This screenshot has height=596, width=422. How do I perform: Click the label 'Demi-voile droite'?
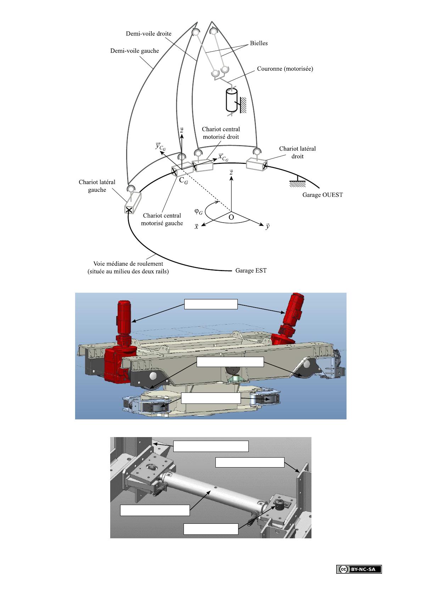(x=148, y=34)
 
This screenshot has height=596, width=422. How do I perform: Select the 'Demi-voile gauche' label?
(x=135, y=51)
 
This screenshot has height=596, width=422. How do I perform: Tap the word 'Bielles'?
(x=259, y=43)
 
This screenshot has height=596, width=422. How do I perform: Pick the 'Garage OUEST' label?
(x=322, y=195)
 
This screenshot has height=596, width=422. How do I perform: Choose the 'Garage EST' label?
(x=251, y=271)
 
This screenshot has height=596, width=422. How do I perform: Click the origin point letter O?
(x=231, y=217)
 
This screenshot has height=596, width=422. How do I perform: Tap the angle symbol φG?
(x=199, y=212)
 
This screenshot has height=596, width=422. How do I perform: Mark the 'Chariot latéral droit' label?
(x=297, y=152)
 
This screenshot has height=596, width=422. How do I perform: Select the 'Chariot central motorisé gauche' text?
(x=162, y=219)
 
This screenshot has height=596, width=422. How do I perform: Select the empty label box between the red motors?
(x=211, y=304)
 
